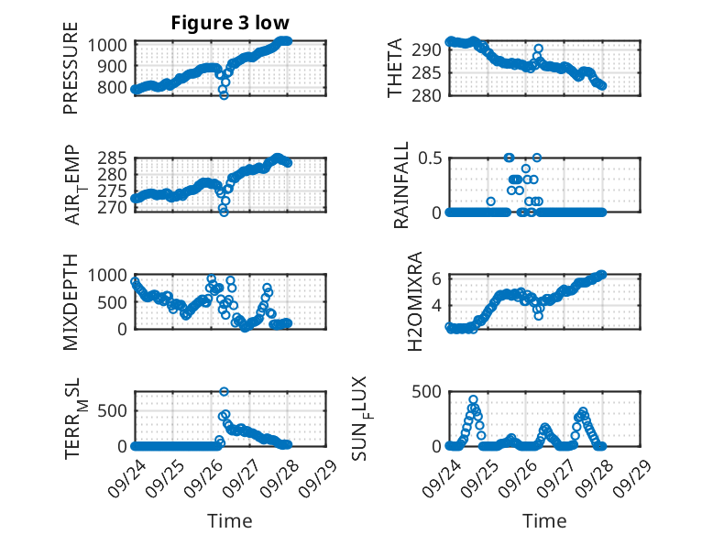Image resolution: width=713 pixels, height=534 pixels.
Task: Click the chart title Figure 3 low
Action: coord(230,23)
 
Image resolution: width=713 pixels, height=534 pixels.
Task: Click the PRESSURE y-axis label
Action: coord(71,75)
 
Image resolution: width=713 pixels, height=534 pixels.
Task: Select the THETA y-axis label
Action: coord(395,69)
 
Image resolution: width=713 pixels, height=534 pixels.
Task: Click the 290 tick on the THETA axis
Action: coord(430,49)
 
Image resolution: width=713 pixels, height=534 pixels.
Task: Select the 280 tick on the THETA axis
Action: coord(430,95)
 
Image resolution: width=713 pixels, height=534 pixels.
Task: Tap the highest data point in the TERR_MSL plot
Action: coord(225,391)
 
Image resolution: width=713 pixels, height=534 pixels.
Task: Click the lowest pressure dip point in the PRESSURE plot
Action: coord(224,95)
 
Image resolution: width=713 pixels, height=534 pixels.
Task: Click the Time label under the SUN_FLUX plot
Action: coord(543,521)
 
